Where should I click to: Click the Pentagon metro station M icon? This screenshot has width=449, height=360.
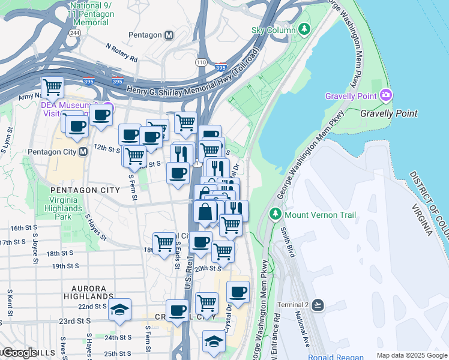click(x=169, y=35)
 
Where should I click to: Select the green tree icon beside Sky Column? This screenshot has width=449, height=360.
click(x=304, y=29)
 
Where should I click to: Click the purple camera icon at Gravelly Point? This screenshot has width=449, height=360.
click(x=386, y=95)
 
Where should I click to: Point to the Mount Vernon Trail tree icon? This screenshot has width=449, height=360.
click(x=276, y=214)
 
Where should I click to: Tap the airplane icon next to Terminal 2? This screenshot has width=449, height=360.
click(x=318, y=305)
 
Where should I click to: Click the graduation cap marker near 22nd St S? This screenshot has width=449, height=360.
click(x=119, y=310)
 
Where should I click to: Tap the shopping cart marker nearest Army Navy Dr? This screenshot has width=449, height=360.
click(x=53, y=87)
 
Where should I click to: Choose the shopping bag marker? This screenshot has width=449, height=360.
click(x=205, y=212)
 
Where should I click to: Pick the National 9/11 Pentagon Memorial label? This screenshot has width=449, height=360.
click(x=93, y=14)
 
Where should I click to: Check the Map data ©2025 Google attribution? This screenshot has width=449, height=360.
click(x=411, y=355)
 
